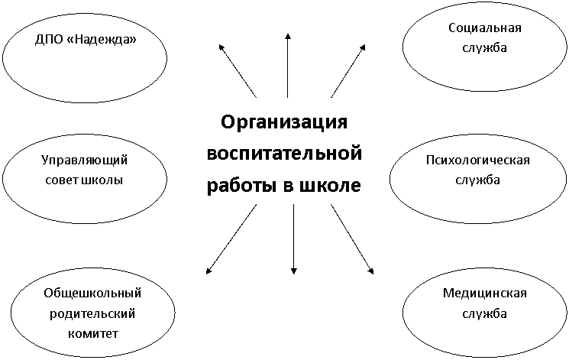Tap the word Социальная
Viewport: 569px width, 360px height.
coord(485,28)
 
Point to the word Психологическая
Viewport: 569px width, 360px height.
coord(478,161)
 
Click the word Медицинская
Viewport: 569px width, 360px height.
coord(484,293)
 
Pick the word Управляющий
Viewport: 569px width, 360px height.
coord(84,161)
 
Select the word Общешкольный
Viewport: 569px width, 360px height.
coord(92,293)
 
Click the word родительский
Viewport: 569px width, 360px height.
coord(92,313)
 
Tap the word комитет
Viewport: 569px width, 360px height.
coord(93,333)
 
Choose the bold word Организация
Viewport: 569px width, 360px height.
coord(284,122)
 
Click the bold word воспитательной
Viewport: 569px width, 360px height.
coord(284,154)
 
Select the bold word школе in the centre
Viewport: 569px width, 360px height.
coord(330,185)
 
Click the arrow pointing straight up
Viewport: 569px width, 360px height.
coord(288,66)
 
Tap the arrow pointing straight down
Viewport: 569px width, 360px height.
coord(294,239)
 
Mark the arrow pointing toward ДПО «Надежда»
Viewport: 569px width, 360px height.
coord(238,71)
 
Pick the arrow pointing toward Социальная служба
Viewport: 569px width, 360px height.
coord(348,71)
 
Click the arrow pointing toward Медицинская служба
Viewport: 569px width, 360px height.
coord(352,238)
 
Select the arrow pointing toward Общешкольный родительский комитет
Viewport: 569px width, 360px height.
coord(231,238)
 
